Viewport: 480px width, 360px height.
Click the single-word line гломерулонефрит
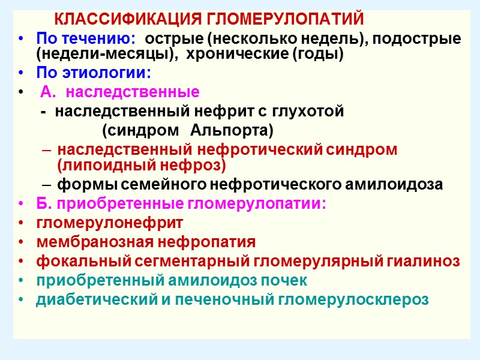[x=110, y=223]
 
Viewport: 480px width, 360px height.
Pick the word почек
[x=283, y=280]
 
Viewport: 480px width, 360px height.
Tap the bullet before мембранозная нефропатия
[x=22, y=243]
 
